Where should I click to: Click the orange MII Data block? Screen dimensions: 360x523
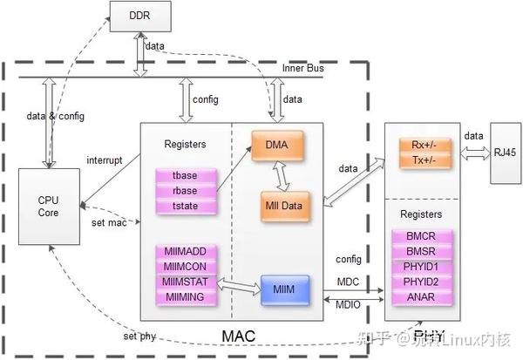(283, 205)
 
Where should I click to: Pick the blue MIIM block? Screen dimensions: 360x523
(283, 289)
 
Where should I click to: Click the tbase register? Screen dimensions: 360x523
(186, 176)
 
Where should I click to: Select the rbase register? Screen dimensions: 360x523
(186, 191)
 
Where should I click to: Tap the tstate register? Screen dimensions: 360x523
(186, 206)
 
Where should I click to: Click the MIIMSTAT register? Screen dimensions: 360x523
(186, 282)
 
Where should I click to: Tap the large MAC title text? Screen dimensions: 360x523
(239, 336)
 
